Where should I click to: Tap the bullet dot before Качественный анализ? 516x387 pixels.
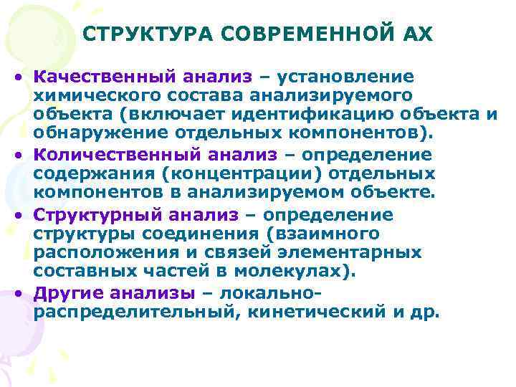(x=24, y=77)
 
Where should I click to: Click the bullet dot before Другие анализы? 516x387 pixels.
(x=24, y=293)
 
